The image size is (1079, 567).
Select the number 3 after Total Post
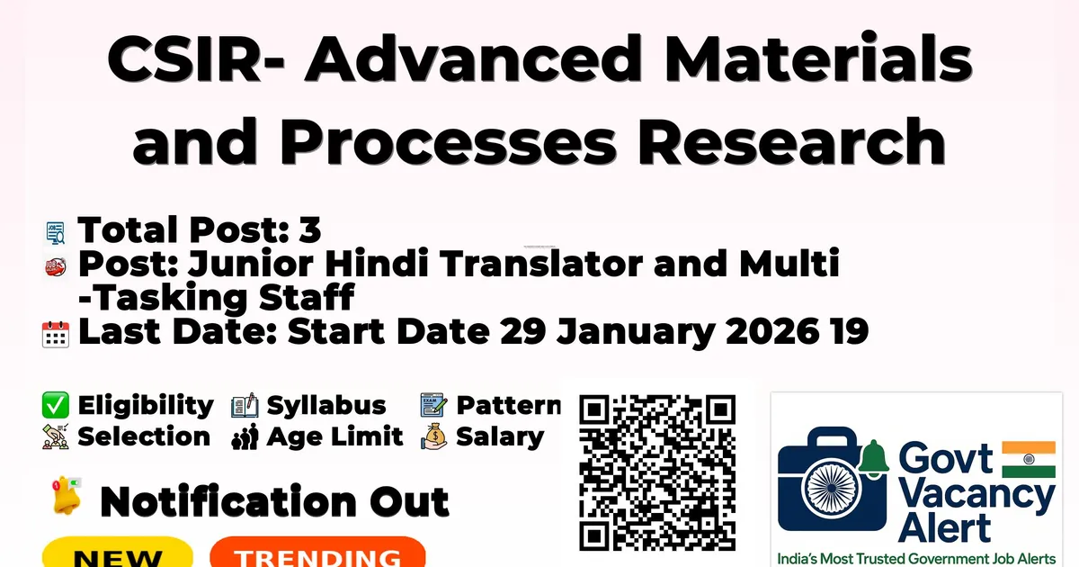point(309,231)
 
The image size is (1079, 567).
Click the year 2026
point(772,331)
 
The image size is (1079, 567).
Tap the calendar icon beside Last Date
point(56,334)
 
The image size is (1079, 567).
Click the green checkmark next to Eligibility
point(56,406)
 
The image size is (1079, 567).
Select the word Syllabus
point(326,406)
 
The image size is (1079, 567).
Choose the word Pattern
point(508,406)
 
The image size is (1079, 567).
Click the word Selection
point(144,437)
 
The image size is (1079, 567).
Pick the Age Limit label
point(335,437)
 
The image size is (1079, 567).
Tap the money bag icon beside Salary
point(434,437)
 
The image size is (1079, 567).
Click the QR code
point(657,472)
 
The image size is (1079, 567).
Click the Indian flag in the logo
point(1028,459)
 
